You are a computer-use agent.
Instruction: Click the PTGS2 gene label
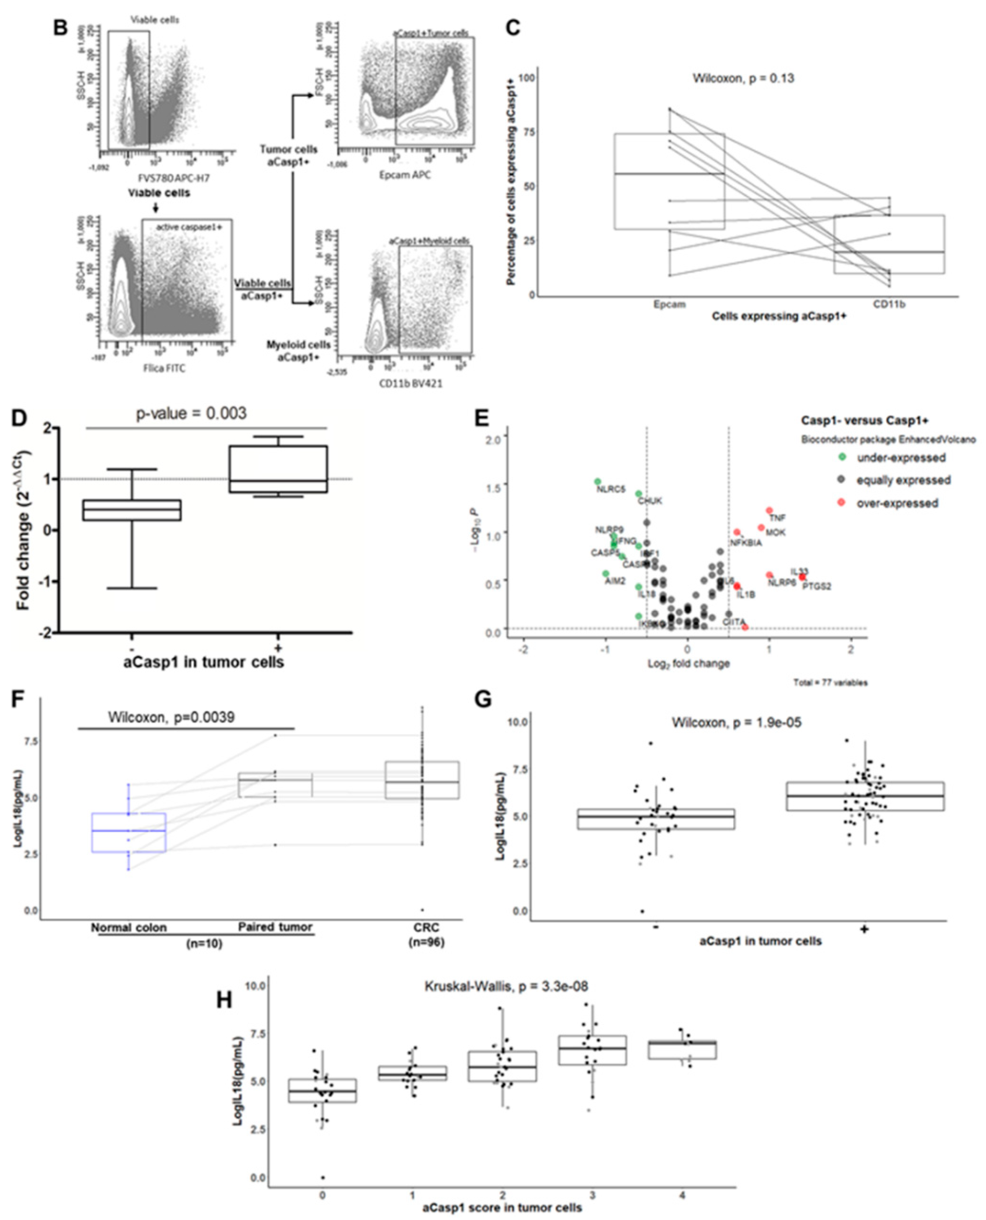(x=816, y=586)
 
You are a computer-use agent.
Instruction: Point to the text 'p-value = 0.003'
(x=191, y=413)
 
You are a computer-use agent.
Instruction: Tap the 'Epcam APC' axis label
(x=404, y=175)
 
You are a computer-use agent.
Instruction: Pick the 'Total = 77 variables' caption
(x=830, y=683)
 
